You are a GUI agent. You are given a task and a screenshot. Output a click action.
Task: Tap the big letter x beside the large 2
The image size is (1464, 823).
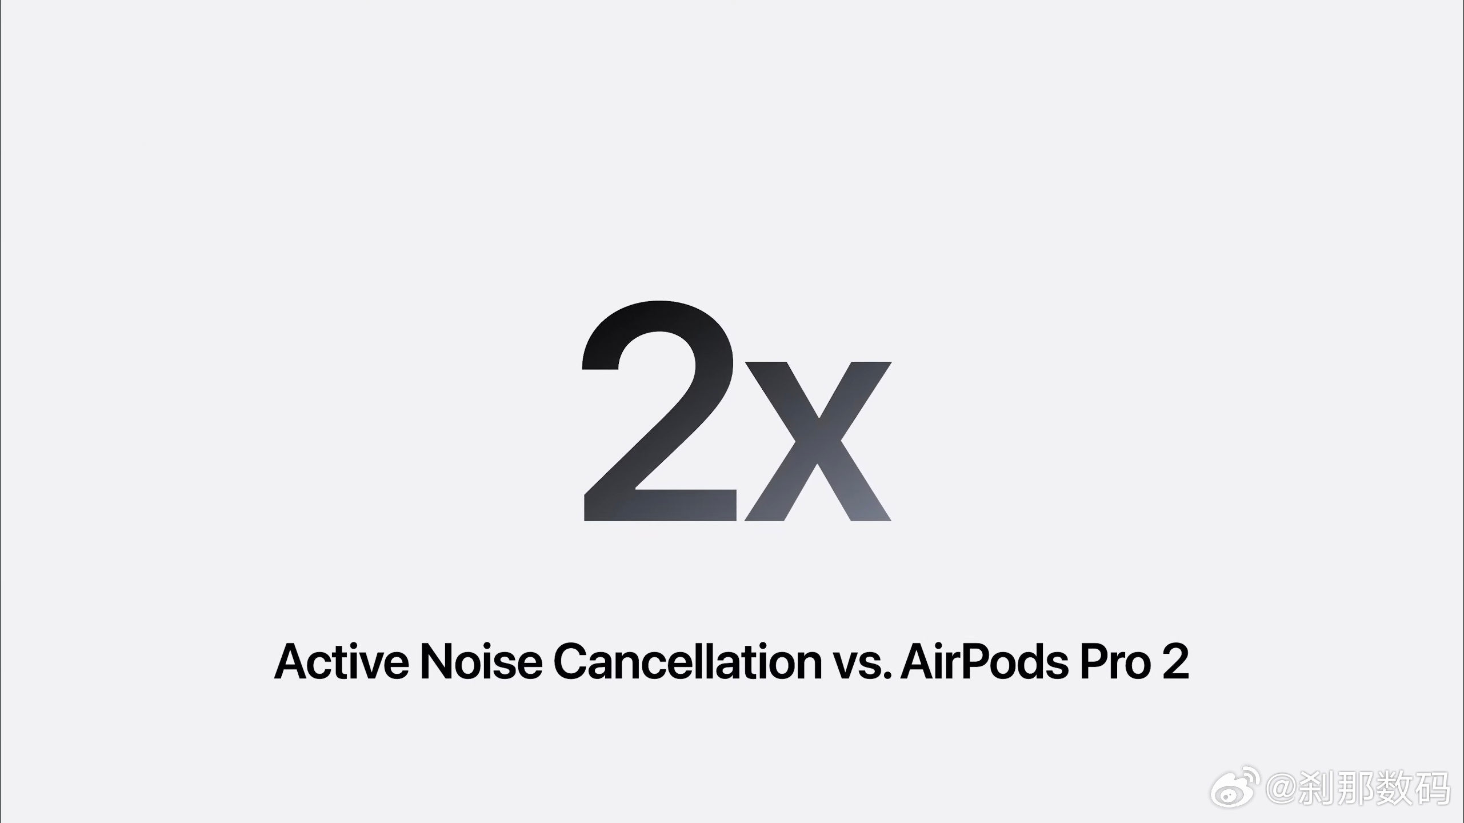(818, 441)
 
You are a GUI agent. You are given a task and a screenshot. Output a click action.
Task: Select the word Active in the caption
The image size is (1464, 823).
(342, 661)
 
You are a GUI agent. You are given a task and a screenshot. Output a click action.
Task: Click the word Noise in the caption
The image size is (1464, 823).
(481, 661)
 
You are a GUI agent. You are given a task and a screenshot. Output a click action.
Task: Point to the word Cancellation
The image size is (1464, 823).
(687, 661)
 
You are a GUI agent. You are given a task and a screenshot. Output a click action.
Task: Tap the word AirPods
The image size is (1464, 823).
(985, 661)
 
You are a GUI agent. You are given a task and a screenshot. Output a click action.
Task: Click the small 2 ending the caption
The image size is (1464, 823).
(1175, 661)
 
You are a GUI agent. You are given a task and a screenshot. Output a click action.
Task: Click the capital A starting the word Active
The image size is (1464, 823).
(293, 661)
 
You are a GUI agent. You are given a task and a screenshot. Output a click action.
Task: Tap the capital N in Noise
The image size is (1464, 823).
(437, 661)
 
